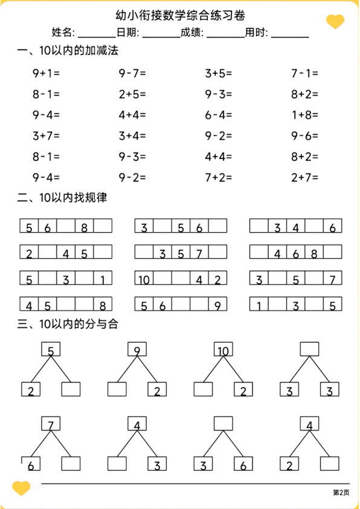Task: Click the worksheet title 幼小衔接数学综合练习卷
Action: click(x=180, y=15)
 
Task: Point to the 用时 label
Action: click(x=257, y=33)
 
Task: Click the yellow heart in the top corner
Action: click(x=335, y=22)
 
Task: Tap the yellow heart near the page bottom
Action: click(x=21, y=487)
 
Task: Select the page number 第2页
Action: click(x=341, y=492)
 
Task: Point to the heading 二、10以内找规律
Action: click(x=62, y=198)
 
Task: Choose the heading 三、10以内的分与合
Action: click(x=67, y=325)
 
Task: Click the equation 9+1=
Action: click(x=46, y=74)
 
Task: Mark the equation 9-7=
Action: click(x=132, y=74)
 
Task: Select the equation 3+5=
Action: click(x=219, y=74)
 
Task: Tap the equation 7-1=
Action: click(x=304, y=74)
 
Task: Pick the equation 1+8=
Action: click(x=304, y=115)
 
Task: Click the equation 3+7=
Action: click(x=46, y=135)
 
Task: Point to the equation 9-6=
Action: click(x=304, y=135)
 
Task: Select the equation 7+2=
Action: click(x=219, y=177)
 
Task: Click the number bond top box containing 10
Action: click(x=223, y=350)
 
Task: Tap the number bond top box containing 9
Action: click(x=137, y=350)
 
